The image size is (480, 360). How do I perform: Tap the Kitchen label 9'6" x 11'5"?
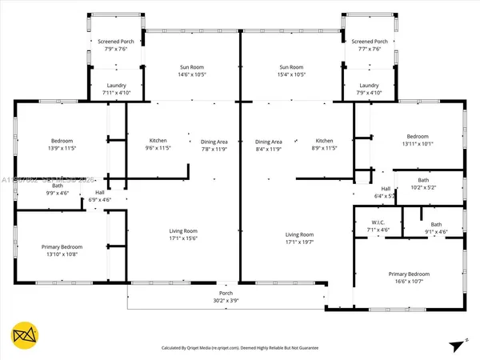pos(158,144)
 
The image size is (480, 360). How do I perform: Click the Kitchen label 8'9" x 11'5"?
pos(324,144)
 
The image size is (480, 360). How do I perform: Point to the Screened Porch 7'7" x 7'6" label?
pos(369,44)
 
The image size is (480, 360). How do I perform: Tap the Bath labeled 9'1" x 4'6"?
pos(436,228)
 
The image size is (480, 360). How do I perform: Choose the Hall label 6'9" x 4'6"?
pos(100,196)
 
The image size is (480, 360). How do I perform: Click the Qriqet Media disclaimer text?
pos(240,348)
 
